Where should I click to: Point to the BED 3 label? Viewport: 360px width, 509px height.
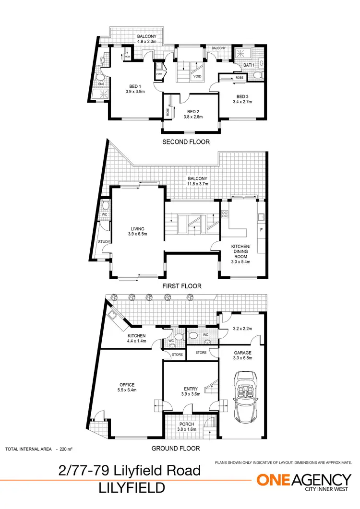coord(242,96)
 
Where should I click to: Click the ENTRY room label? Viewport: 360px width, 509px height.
coord(191,389)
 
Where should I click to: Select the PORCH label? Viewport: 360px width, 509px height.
coord(187,424)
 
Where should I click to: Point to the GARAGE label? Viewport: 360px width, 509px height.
coord(242,353)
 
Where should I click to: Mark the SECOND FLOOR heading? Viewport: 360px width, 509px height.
coord(186,142)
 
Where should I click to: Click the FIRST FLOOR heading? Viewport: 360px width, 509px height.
coord(181,286)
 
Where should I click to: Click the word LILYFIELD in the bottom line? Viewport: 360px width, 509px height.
coord(132,488)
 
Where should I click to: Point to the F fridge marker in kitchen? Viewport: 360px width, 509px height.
coord(262,229)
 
